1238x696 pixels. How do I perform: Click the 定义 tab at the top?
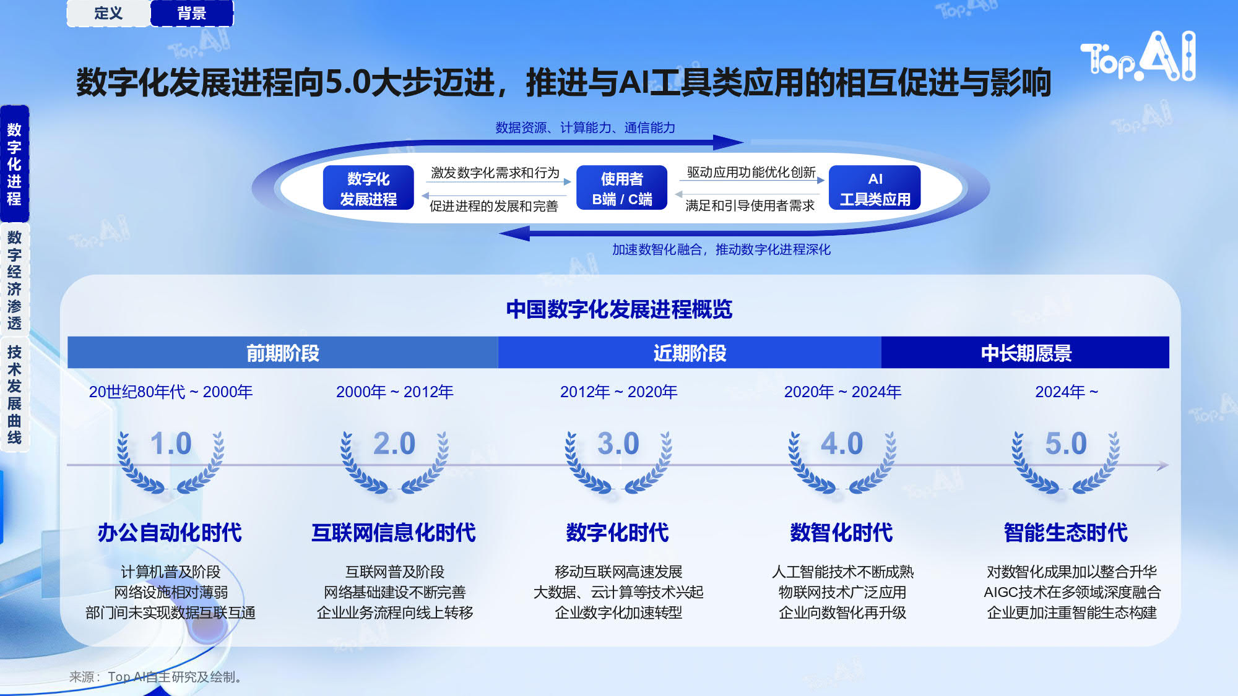pyautogui.click(x=108, y=13)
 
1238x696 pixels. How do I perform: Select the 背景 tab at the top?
pyautogui.click(x=192, y=13)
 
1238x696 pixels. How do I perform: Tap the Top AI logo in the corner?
pyautogui.click(x=1138, y=56)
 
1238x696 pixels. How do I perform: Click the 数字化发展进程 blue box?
pyautogui.click(x=368, y=188)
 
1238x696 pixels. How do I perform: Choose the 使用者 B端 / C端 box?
pyautogui.click(x=621, y=188)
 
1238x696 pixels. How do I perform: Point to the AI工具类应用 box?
pyautogui.click(x=875, y=188)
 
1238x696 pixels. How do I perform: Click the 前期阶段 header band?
pyautogui.click(x=283, y=353)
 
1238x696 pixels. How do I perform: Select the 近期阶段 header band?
pyautogui.click(x=690, y=353)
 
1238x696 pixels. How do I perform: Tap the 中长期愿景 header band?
pyautogui.click(x=1026, y=353)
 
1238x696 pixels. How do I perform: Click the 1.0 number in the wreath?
pyautogui.click(x=171, y=444)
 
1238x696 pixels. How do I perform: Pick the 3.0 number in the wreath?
pyautogui.click(x=618, y=444)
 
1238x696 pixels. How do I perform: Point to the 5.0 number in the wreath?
pyautogui.click(x=1066, y=444)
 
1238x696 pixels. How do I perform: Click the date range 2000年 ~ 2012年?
pyautogui.click(x=395, y=392)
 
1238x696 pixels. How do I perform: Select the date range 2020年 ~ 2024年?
pyautogui.click(x=842, y=392)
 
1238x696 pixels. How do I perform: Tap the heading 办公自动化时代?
pyautogui.click(x=170, y=532)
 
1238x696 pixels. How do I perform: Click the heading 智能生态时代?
pyautogui.click(x=1066, y=532)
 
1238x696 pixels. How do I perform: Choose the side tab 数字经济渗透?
pyautogui.click(x=14, y=280)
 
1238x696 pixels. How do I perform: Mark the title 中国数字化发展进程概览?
pyautogui.click(x=619, y=309)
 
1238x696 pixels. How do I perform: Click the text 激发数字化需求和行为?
pyautogui.click(x=495, y=173)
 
